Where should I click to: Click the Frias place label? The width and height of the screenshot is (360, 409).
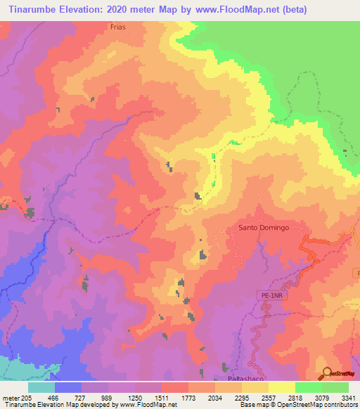point(118,27)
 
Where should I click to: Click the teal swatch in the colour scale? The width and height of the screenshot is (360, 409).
point(41,387)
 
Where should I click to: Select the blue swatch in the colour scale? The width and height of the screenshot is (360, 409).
point(68,387)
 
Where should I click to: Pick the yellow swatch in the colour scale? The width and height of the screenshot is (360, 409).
point(282,387)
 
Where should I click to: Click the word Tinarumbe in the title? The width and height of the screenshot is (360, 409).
point(27,9)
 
